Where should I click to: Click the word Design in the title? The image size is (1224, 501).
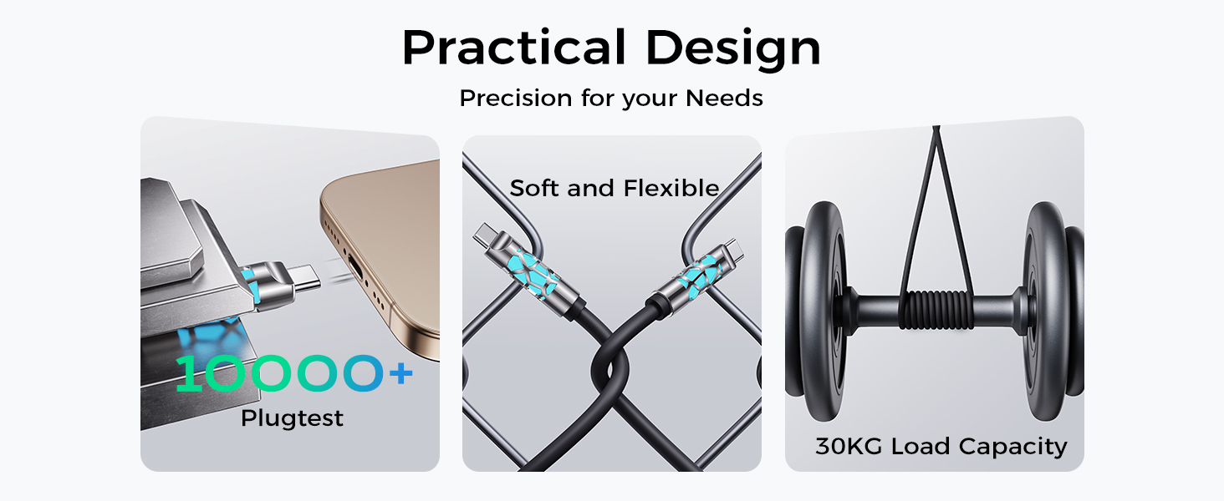(733, 48)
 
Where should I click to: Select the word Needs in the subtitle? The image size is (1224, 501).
(724, 99)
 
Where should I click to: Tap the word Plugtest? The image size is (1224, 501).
(292, 417)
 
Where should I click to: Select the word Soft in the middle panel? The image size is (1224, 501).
(536, 188)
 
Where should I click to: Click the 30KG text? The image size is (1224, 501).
(849, 446)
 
